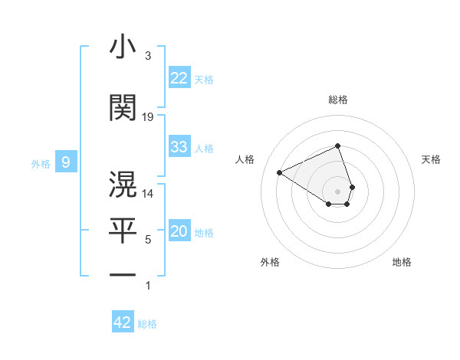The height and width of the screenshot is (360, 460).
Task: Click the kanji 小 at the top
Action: tap(123, 47)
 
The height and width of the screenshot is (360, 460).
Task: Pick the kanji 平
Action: tap(123, 227)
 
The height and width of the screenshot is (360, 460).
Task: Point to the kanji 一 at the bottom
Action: tap(123, 274)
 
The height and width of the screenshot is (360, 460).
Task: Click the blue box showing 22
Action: tap(179, 78)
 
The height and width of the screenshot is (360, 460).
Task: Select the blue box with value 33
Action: tap(179, 147)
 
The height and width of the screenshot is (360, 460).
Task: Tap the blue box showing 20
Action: tap(179, 232)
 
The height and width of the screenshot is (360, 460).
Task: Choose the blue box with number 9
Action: tap(66, 162)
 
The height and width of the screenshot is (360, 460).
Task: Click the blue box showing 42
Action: tap(123, 322)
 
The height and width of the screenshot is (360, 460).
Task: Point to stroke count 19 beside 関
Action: tap(148, 116)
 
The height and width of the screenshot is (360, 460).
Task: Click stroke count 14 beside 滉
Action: tap(148, 194)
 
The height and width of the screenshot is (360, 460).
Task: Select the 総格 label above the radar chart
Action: tap(338, 100)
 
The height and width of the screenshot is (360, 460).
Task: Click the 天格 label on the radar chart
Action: tap(431, 159)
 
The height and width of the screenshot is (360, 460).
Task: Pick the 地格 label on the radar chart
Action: tap(402, 262)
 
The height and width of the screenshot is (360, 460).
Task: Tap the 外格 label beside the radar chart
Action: tap(270, 262)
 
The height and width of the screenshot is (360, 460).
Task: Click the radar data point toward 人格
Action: tap(280, 172)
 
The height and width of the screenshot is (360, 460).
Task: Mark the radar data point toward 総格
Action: tap(338, 146)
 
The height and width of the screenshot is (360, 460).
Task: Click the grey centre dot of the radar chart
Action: tap(338, 190)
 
